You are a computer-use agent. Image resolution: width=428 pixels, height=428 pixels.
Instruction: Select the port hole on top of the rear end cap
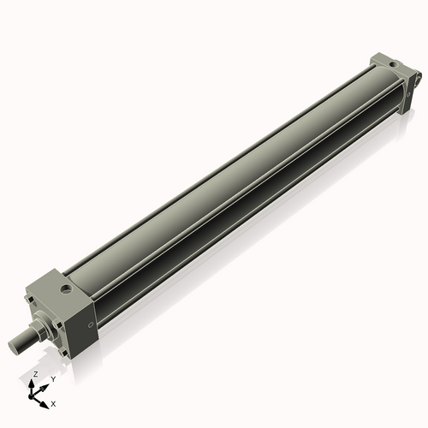point(391,62)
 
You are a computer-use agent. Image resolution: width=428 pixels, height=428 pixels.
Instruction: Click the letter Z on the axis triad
point(35,375)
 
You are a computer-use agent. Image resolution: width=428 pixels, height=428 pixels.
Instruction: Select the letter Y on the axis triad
point(53,379)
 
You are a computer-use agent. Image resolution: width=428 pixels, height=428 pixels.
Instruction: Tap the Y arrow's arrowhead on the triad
point(45,385)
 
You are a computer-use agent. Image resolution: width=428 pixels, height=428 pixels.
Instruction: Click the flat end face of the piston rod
point(12,346)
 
